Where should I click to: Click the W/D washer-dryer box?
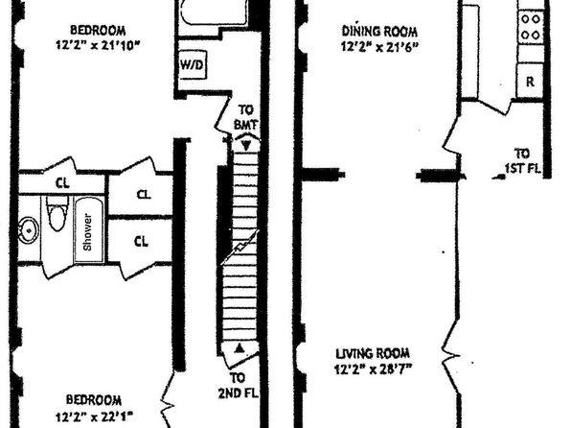click(x=193, y=64)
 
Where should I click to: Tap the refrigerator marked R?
click(x=530, y=81)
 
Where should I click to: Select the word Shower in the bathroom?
click(x=88, y=232)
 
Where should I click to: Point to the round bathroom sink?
click(x=29, y=230)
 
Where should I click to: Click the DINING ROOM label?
click(x=379, y=31)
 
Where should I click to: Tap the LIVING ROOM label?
click(x=373, y=353)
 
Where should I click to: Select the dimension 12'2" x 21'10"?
click(x=98, y=45)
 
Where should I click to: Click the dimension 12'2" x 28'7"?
click(x=374, y=369)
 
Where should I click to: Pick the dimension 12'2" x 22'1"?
click(x=94, y=416)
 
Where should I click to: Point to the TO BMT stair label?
click(x=246, y=117)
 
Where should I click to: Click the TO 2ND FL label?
click(x=239, y=386)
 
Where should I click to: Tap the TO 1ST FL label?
click(x=522, y=160)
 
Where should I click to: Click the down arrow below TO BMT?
click(x=246, y=146)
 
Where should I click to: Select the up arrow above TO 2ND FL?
click(x=239, y=348)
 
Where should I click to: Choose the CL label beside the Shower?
click(x=141, y=241)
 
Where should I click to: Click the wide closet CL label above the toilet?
click(x=62, y=182)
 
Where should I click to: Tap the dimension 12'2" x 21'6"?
click(x=379, y=47)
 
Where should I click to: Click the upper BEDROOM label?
click(x=98, y=30)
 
